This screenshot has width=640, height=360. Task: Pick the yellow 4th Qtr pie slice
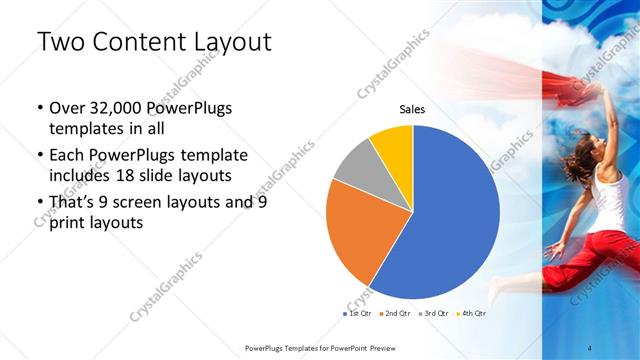tap(393, 146)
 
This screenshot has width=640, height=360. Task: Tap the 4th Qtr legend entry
tap(472, 314)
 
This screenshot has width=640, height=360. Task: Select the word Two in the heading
tap(61, 42)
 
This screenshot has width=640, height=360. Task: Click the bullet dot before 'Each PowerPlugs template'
tap(39, 156)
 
